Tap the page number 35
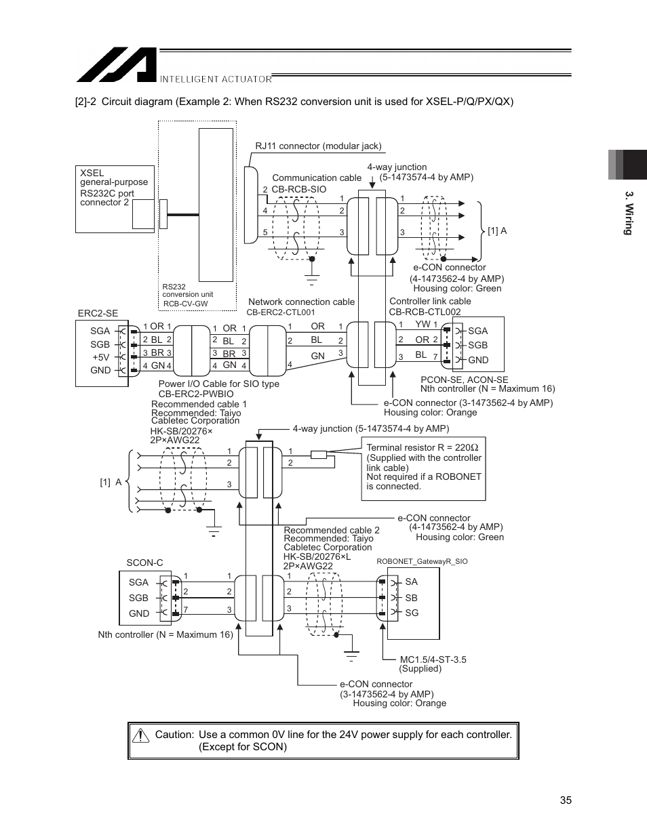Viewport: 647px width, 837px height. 566,800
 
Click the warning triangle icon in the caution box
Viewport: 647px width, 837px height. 141,735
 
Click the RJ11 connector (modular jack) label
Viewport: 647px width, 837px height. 318,146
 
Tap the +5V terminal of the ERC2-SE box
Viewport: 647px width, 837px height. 100,357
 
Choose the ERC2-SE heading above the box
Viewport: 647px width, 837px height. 98,313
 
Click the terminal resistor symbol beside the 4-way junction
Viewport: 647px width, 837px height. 319,454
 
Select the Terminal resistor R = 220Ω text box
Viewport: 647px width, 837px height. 423,467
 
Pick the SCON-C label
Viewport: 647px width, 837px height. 144,563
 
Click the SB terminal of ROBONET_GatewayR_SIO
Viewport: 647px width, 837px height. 411,598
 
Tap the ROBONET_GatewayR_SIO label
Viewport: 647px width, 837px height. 421,561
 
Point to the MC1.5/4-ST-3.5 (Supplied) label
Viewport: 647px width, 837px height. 432,664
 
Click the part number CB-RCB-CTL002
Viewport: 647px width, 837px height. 425,312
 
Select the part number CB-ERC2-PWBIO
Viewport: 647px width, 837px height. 195,394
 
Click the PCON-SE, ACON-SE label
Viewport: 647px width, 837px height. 464,380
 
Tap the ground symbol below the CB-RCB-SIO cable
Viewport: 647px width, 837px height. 311,278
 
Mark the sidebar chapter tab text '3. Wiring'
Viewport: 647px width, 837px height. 629,213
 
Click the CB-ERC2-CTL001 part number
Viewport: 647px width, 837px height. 280,312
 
